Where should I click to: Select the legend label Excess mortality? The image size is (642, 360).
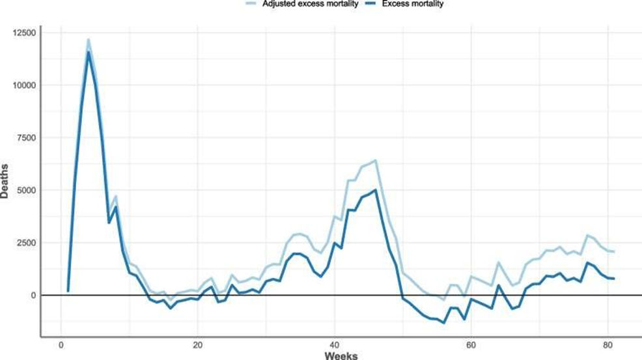pos(416,4)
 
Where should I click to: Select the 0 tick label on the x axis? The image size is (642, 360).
pos(61,346)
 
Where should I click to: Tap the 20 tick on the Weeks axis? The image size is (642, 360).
pos(197,346)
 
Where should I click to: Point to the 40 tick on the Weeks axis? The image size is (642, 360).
pos(335,346)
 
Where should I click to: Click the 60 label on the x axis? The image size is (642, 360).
pos(471,346)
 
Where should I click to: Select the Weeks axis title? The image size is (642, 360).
pos(334,355)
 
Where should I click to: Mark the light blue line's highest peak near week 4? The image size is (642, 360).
pos(88,40)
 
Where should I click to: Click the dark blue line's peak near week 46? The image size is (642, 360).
pos(376,189)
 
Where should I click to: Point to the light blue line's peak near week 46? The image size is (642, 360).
pos(376,160)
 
